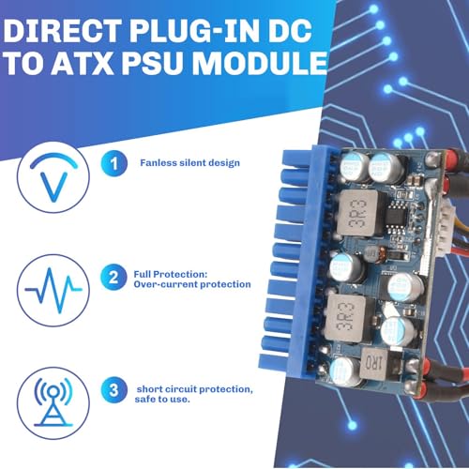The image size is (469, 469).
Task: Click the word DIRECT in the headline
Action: pos(62,31)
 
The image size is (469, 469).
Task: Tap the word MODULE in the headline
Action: pos(259,63)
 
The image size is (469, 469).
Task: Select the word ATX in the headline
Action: pos(83,63)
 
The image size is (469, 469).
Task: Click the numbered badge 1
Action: pos(113,163)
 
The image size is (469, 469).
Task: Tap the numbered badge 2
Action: pos(113,278)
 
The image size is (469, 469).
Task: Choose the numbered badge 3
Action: pos(113,389)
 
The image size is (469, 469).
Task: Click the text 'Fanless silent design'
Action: pos(189,163)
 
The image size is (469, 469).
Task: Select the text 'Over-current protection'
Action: pos(192,284)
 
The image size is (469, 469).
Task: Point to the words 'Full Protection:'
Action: pos(171,274)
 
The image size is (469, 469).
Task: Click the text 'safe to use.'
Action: pos(162,400)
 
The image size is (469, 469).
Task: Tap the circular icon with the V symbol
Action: pos(53,177)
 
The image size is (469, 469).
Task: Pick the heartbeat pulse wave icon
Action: pos(53,291)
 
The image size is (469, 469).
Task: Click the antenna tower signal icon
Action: pos(53,403)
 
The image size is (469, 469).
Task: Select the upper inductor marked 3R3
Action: pos(360,213)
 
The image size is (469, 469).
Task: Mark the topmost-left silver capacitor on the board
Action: pos(354,166)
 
